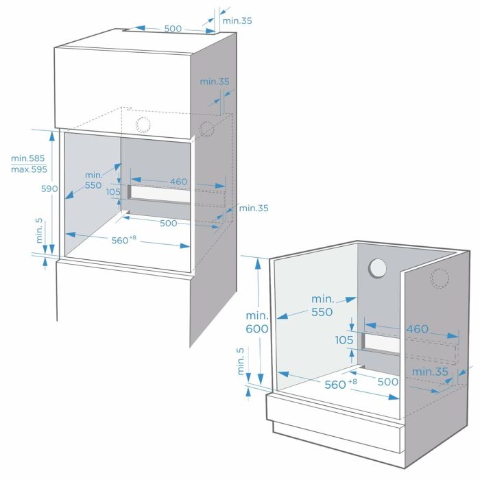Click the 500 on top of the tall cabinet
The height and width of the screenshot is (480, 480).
click(x=173, y=29)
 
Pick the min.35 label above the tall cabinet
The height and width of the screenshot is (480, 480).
click(x=237, y=21)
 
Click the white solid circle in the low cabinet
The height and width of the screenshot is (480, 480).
click(x=378, y=269)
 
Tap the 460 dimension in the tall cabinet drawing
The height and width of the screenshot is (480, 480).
click(x=179, y=182)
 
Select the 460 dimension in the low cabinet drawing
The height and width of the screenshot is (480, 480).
click(x=417, y=329)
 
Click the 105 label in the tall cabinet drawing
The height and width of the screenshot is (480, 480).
click(x=114, y=192)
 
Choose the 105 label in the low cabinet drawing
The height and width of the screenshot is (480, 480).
click(x=344, y=340)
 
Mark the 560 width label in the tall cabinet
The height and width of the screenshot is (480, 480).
click(x=121, y=240)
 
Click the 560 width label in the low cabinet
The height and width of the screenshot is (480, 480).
click(x=335, y=384)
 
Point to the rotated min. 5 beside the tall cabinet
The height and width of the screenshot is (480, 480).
click(x=40, y=232)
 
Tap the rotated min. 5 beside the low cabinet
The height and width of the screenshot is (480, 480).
click(x=241, y=361)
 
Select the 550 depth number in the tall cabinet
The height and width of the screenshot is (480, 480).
click(x=93, y=185)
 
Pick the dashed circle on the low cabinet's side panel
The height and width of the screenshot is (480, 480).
click(x=439, y=277)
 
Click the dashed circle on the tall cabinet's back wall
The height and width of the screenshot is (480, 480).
click(x=143, y=125)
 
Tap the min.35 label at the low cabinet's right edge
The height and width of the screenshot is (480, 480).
click(x=431, y=372)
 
